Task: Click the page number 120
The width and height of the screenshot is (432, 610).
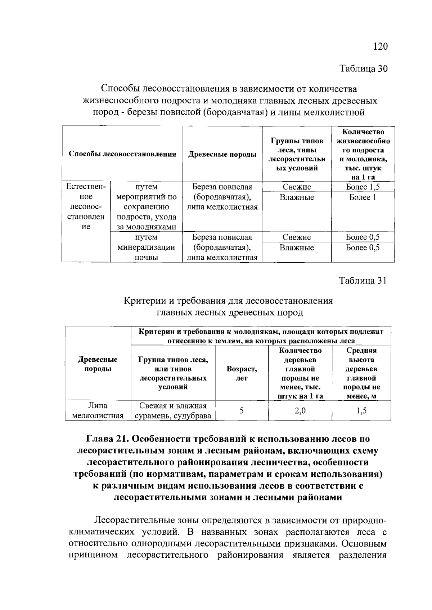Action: pyautogui.click(x=380, y=46)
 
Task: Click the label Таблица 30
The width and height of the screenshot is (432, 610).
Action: pyautogui.click(x=363, y=68)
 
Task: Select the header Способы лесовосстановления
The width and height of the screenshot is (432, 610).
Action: pyautogui.click(x=122, y=154)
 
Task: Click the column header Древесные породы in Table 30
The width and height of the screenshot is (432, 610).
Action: pyautogui.click(x=222, y=154)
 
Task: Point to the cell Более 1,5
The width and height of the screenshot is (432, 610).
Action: pyautogui.click(x=363, y=187)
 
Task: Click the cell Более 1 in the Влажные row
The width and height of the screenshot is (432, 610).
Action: pyautogui.click(x=363, y=197)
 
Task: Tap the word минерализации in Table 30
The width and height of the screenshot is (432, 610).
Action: pyautogui.click(x=146, y=248)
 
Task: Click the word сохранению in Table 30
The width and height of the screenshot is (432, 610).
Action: pyautogui.click(x=146, y=207)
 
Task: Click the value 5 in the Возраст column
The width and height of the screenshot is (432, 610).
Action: pyautogui.click(x=242, y=410)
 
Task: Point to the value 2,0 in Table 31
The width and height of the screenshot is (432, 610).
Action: pyautogui.click(x=300, y=410)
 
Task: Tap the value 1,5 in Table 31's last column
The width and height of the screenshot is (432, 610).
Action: pyautogui.click(x=361, y=410)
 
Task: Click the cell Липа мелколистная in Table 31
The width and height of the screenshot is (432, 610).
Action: pyautogui.click(x=98, y=411)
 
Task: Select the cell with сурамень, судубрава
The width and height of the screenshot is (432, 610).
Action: pyautogui.click(x=173, y=416)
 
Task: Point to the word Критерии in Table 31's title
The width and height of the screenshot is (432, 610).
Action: pyautogui.click(x=140, y=301)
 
